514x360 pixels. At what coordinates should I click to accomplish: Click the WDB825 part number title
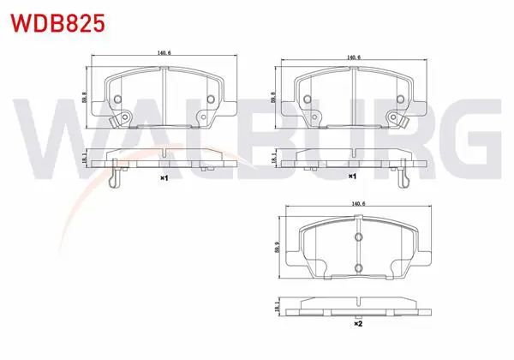57,23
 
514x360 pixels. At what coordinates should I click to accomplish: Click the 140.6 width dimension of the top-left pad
164,53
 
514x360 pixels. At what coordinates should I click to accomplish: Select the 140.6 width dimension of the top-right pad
354,57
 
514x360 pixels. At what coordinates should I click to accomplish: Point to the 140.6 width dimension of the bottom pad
358,204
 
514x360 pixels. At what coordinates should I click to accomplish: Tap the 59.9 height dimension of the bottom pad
278,247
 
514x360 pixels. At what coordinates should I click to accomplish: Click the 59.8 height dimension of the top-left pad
84,98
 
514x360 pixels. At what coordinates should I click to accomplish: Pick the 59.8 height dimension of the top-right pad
273,98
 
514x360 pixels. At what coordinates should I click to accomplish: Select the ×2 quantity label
358,324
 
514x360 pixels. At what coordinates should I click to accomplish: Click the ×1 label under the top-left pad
164,178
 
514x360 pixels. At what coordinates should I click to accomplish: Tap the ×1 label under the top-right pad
352,177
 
